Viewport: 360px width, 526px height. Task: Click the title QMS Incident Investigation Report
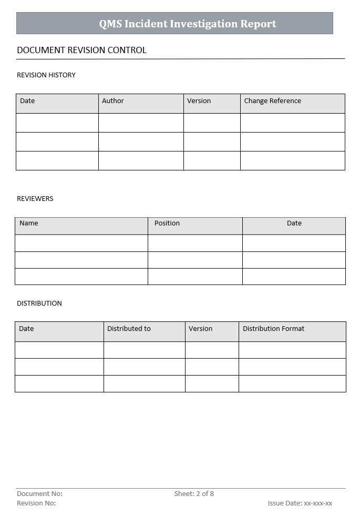click(x=188, y=24)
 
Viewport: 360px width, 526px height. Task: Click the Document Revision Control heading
click(x=81, y=50)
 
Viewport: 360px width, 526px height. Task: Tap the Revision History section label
click(x=46, y=75)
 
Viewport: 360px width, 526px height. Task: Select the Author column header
click(x=113, y=101)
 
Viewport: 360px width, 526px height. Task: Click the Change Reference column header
click(x=272, y=101)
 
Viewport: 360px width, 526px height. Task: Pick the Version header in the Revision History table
click(x=199, y=101)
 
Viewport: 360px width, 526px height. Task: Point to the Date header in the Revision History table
click(x=27, y=101)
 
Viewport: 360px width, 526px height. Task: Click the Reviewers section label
click(x=35, y=199)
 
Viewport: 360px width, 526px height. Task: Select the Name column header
click(x=29, y=224)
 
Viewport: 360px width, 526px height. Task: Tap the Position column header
click(x=167, y=224)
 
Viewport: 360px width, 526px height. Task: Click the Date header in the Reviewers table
click(x=294, y=224)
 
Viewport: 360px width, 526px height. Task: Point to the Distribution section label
click(x=39, y=304)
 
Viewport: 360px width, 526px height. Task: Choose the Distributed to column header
click(x=129, y=329)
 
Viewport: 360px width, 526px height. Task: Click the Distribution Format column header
click(x=273, y=329)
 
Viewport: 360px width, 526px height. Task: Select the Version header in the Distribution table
click(x=200, y=329)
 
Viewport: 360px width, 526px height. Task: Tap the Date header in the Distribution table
click(x=26, y=329)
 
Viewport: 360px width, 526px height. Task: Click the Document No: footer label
click(x=39, y=494)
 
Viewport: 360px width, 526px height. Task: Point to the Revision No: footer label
click(x=36, y=503)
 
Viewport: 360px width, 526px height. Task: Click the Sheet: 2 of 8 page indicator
click(x=194, y=494)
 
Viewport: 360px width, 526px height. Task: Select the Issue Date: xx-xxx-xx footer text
click(x=300, y=503)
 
